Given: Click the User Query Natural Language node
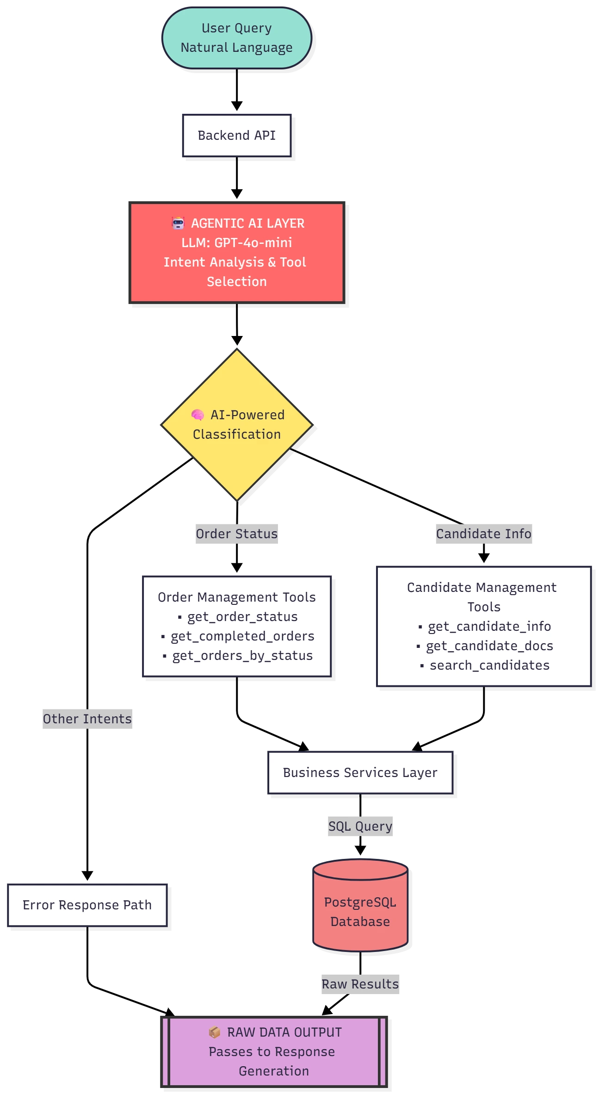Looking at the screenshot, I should [236, 38].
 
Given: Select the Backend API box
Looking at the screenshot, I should [236, 135].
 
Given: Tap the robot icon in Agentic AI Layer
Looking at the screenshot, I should [178, 223].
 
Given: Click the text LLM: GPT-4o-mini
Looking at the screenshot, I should [236, 242].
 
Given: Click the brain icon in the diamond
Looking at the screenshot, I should [198, 415].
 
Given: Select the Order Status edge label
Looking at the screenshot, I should [236, 534].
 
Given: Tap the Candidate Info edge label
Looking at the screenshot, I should [483, 534].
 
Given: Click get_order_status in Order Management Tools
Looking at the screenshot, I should [242, 616].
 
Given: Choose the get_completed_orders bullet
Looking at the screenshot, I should [242, 636].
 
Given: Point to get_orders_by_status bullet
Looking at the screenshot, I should [242, 655].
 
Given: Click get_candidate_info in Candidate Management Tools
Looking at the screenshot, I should [489, 626].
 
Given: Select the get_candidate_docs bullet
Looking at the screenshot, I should [489, 646].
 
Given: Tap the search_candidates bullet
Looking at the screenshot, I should [489, 665].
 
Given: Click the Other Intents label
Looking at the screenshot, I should [87, 719].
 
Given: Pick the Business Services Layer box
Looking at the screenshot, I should [360, 772].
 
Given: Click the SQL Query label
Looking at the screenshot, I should [360, 826].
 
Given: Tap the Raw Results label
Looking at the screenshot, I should [359, 984].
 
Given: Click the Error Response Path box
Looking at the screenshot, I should [87, 905].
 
